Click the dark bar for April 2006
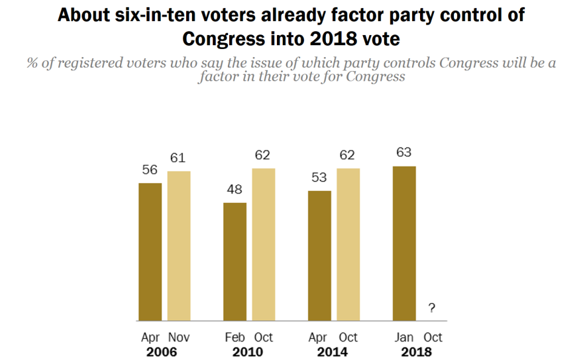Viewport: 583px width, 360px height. tap(150, 252)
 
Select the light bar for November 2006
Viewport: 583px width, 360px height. tap(178, 246)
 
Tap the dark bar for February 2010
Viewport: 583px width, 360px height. tap(235, 262)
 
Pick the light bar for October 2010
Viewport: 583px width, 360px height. tap(264, 245)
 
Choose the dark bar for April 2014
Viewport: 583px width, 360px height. tap(319, 256)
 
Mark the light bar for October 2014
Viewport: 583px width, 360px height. tap(348, 245)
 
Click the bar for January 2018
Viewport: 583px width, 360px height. tap(404, 243)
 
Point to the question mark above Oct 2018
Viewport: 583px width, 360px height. tap(432, 308)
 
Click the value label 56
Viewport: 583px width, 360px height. tap(150, 170)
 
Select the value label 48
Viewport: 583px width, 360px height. tap(235, 190)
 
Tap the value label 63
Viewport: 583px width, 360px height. tap(404, 152)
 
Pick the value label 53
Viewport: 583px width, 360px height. tap(319, 178)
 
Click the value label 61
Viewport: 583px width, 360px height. tap(178, 158)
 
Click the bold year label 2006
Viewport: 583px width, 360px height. tap(163, 351)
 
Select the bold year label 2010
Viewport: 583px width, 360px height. tap(248, 351)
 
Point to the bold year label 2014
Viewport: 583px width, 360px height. tap(333, 351)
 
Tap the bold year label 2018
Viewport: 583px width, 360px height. tap(418, 351)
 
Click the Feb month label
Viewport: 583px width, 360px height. tap(235, 337)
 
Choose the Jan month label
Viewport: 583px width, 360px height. tap(404, 337)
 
